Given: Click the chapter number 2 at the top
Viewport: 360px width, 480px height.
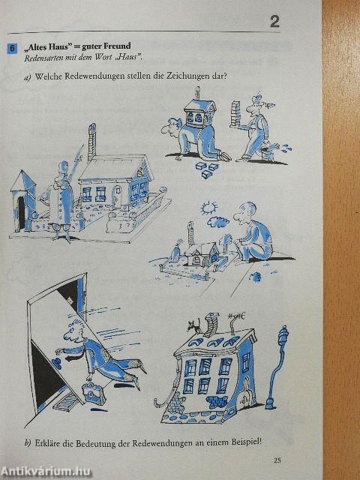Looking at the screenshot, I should point(274,21).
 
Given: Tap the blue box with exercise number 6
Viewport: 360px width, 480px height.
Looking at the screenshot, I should point(12,49).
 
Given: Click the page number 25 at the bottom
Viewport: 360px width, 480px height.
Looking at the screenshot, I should point(277,460).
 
